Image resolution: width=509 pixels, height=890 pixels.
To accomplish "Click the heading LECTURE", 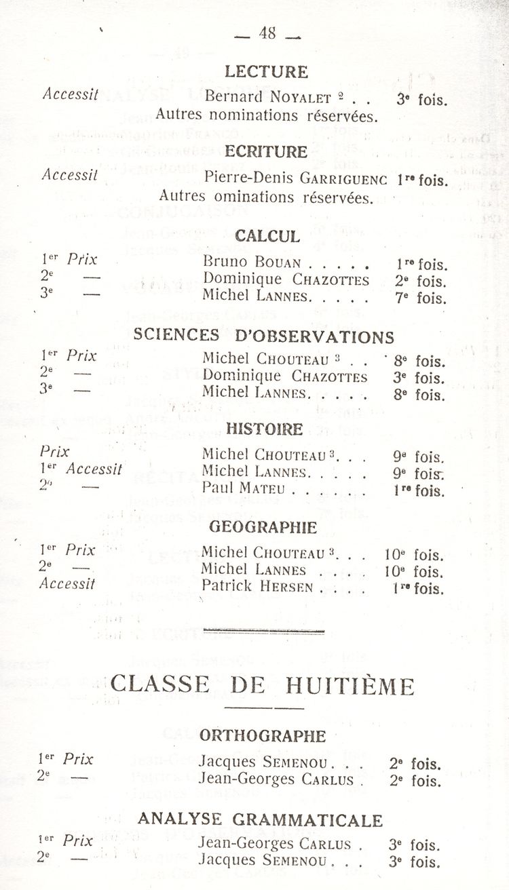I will click(266, 72).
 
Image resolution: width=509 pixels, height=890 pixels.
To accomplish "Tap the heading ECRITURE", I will click(266, 151).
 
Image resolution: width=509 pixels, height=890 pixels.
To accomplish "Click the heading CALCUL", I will click(267, 236).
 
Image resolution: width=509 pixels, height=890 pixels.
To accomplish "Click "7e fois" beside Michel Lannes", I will click(421, 297).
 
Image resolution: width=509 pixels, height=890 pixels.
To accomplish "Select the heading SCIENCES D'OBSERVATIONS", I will click(264, 336).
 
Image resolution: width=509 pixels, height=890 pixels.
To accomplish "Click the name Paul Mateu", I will click(243, 488).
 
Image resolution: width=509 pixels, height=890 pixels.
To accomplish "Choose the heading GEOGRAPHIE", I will click(263, 526).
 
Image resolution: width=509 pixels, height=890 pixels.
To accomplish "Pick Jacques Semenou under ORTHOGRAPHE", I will click(264, 762).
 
